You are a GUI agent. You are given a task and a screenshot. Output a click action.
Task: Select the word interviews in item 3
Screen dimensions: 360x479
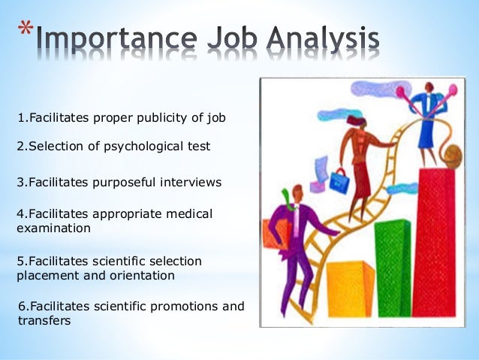(195, 182)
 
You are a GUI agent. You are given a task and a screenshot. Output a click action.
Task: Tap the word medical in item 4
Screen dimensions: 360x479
(190, 214)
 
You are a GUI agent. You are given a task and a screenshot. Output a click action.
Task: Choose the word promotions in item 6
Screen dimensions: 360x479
(185, 307)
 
